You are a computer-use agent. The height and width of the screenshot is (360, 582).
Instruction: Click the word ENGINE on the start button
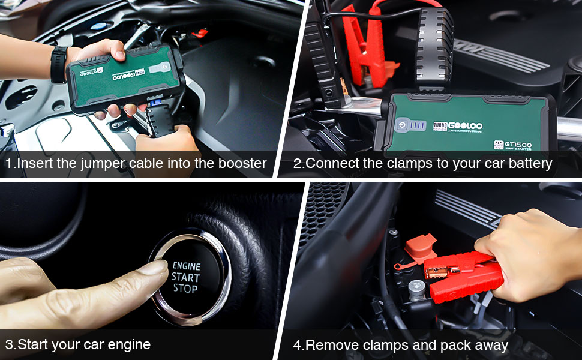pos(187,266)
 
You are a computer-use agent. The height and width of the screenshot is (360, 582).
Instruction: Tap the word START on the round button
pos(186,277)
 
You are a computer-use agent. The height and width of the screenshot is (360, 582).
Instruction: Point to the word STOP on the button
pos(185,289)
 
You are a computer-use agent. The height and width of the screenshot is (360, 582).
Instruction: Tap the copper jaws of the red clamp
pos(436,272)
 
